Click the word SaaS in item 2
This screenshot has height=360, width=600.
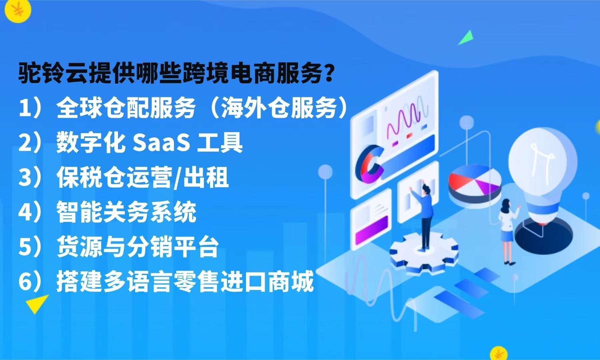161,143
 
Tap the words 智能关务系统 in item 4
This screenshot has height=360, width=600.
126,212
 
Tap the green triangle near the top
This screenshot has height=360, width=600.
467,38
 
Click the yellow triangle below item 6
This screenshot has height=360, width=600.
36,303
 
